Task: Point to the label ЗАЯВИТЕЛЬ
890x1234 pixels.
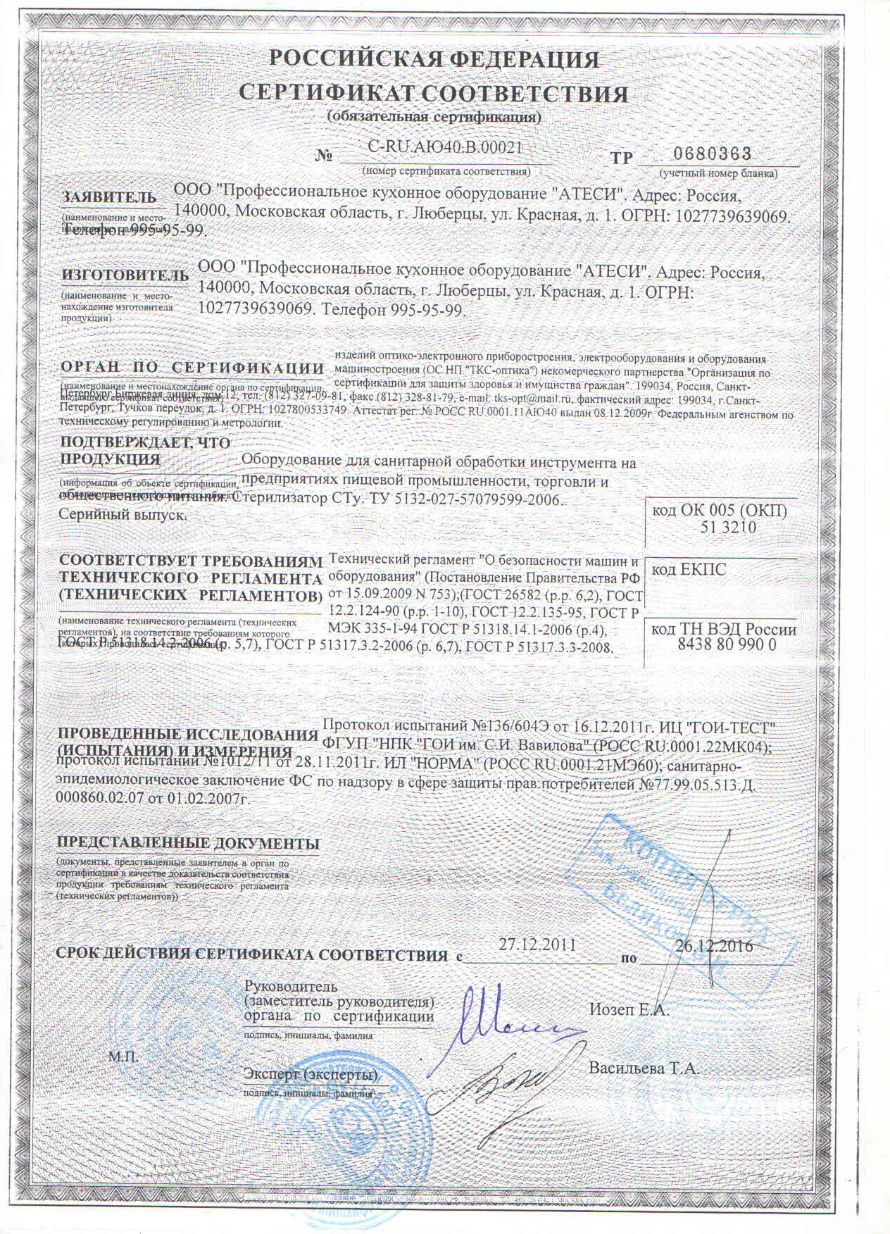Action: (x=108, y=197)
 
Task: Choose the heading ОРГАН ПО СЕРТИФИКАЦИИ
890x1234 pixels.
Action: (x=192, y=368)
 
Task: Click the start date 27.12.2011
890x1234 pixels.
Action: (x=537, y=945)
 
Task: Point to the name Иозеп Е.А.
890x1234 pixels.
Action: (x=628, y=1009)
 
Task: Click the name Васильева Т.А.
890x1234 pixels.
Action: (x=643, y=1068)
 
